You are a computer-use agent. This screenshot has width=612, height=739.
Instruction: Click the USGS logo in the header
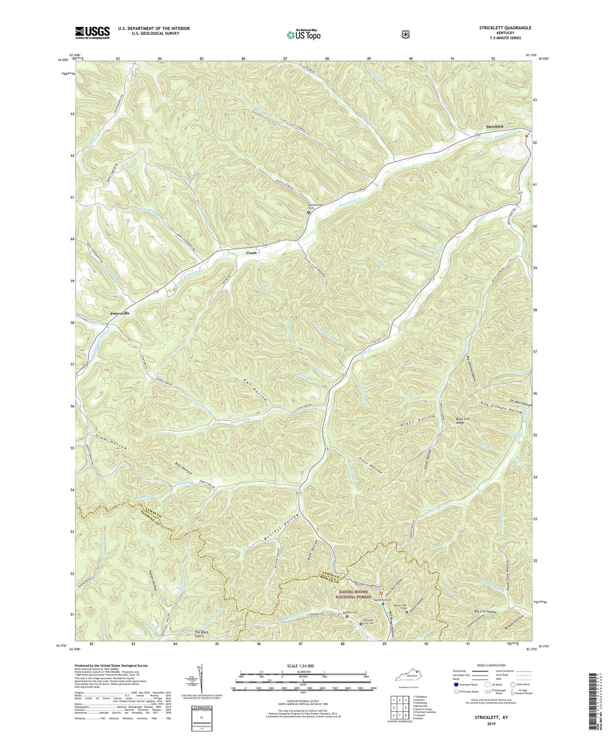(x=92, y=33)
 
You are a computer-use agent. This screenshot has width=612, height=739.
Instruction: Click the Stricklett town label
(x=499, y=127)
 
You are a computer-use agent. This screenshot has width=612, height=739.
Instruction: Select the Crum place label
(x=251, y=253)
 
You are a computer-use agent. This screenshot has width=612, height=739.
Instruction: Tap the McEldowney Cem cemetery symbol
(x=309, y=212)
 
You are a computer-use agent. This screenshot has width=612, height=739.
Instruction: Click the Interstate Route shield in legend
(x=456, y=684)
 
